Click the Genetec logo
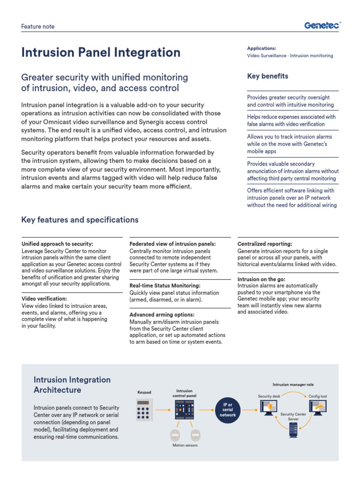(322, 26)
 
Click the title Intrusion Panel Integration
(101, 52)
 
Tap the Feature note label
(38, 27)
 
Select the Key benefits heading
(267, 76)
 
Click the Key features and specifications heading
(80, 220)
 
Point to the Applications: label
(262, 48)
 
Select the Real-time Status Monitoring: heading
(165, 285)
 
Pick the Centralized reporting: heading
(265, 244)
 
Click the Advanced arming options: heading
(162, 315)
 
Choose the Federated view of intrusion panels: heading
(172, 244)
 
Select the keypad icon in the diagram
(144, 410)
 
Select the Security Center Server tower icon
(293, 429)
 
